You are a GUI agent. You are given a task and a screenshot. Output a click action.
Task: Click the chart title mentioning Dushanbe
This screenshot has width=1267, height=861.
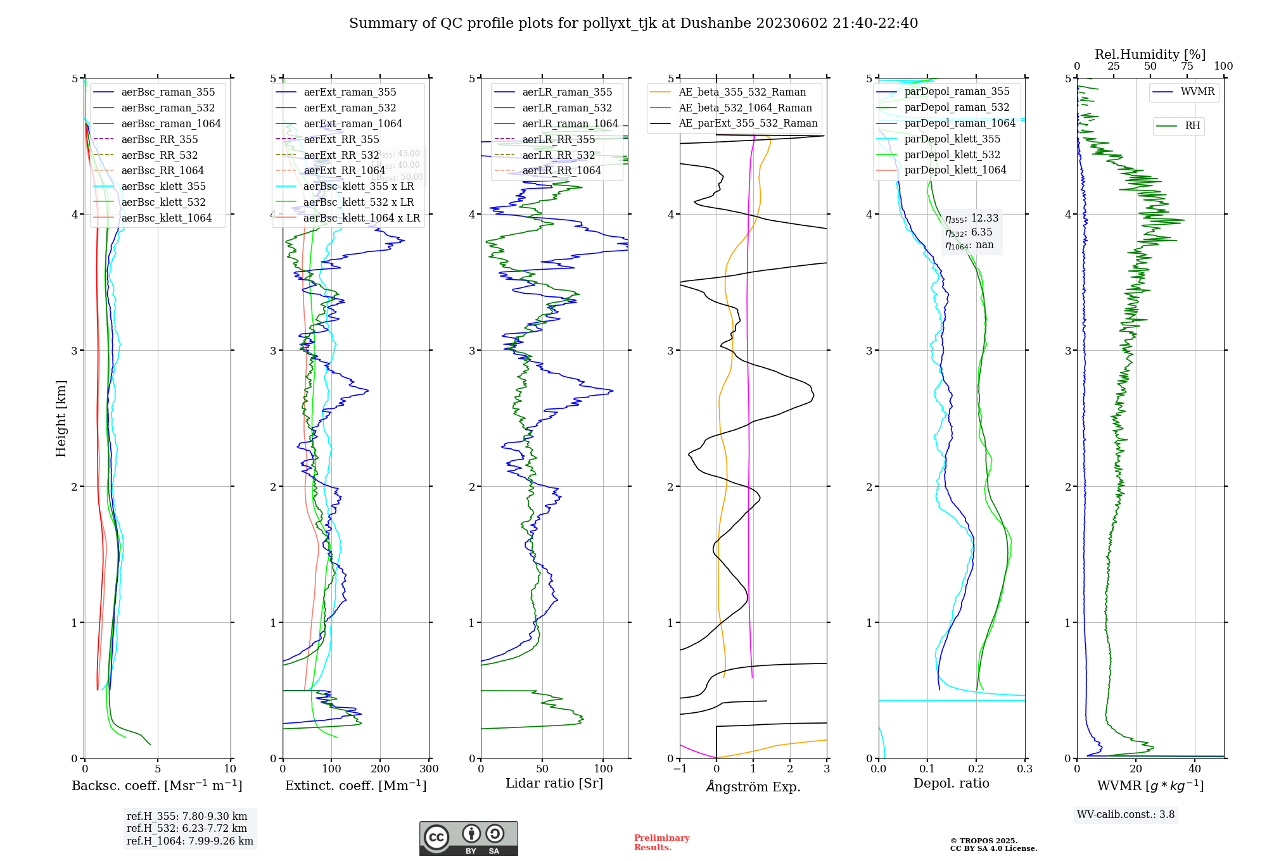tap(633, 23)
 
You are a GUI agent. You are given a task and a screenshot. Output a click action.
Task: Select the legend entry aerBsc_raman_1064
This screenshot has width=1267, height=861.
tap(171, 123)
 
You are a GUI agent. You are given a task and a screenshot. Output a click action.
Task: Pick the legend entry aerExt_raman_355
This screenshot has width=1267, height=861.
tap(350, 92)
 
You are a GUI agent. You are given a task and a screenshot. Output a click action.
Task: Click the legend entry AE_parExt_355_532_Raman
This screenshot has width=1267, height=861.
tap(748, 123)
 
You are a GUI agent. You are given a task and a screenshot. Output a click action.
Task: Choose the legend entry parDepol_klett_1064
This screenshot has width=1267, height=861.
tap(955, 170)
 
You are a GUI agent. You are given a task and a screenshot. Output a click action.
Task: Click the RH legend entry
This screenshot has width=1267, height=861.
tap(1192, 126)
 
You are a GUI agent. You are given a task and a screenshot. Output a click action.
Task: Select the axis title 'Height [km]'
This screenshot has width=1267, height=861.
tap(61, 418)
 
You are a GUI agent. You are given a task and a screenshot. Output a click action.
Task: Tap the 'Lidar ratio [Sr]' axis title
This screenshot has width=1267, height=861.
tap(554, 784)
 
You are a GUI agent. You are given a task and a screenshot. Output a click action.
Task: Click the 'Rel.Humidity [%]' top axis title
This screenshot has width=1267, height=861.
tap(1150, 54)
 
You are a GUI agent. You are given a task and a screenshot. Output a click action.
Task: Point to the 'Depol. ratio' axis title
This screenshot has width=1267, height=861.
tap(951, 784)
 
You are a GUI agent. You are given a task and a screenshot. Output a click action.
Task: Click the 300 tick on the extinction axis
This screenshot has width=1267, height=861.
tap(429, 769)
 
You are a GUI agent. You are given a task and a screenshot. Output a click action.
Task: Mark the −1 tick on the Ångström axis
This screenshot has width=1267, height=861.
tap(680, 769)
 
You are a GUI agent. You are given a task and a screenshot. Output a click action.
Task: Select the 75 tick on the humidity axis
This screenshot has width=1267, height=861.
tap(1187, 66)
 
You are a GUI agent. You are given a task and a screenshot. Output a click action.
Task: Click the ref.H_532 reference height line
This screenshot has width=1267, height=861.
tap(187, 828)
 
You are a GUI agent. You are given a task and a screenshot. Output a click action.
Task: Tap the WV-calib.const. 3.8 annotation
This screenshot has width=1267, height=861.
tap(1126, 815)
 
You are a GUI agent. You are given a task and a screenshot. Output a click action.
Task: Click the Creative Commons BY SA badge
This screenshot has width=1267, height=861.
tap(468, 839)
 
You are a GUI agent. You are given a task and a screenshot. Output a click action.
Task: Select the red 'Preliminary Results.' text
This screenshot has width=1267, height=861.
tap(661, 843)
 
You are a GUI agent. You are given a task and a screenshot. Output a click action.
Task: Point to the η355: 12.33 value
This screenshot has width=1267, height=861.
tap(972, 218)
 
